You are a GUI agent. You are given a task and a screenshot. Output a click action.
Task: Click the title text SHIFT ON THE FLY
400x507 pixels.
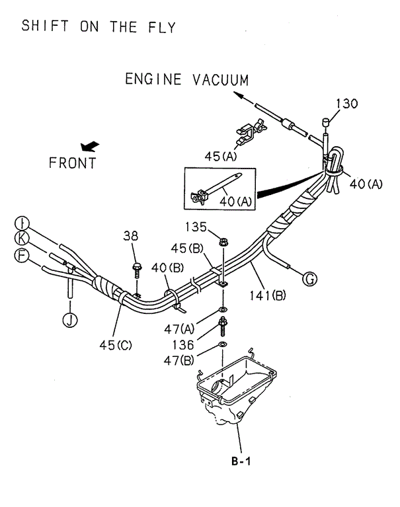point(99,27)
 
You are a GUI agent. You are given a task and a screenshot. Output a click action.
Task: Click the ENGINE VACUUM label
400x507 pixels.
point(187,80)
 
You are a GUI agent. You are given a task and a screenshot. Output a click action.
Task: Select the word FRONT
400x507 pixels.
point(72,163)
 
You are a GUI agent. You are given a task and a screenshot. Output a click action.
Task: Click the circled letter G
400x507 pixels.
point(309,280)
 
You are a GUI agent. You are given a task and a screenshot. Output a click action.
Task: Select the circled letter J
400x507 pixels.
point(68,321)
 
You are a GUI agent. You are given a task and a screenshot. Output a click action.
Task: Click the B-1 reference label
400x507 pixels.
point(241,463)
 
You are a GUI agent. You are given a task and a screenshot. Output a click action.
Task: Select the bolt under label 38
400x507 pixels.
point(137,270)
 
